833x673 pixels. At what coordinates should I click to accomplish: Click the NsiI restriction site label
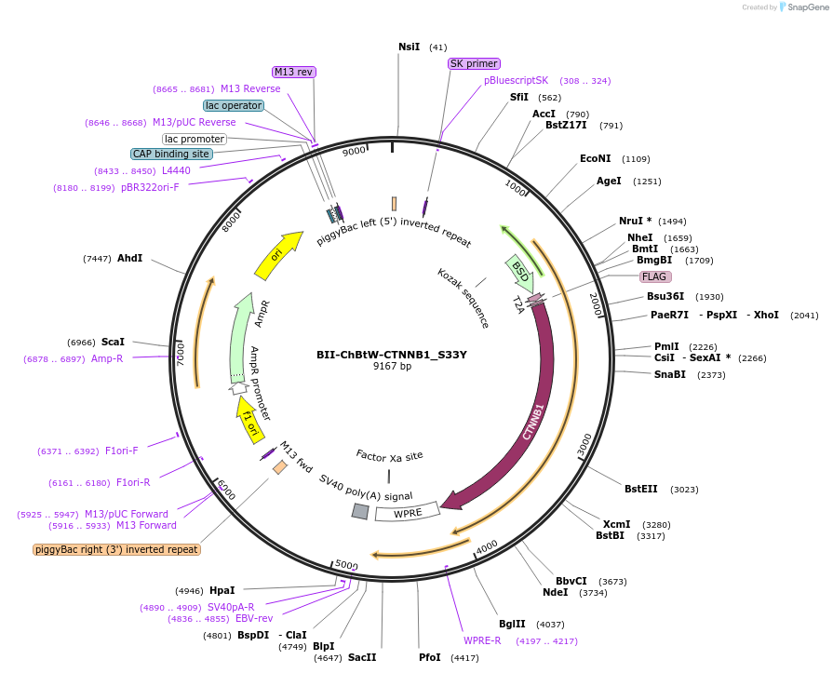coord(409,47)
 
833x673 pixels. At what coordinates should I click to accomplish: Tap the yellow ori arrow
coord(278,254)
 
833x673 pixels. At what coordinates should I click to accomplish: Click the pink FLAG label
coord(655,276)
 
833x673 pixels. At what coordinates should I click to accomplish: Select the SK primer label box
coord(474,64)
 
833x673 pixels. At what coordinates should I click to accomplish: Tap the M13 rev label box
coord(293,72)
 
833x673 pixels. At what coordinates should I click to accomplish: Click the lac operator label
coord(234,105)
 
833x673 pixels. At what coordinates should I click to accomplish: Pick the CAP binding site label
coord(172,154)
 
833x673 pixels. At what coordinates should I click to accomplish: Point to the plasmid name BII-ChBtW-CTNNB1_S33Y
coord(391,354)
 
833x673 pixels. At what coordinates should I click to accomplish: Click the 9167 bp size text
coord(391,367)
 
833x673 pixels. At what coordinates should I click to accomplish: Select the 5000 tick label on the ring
coord(346,565)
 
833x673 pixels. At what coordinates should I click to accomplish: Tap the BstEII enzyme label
coord(641,489)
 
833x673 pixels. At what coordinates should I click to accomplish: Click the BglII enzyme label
coord(512,625)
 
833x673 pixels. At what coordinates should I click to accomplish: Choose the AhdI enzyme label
coord(130,258)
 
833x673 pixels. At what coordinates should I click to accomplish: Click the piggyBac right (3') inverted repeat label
coord(116,549)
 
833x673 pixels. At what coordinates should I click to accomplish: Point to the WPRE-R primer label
coord(482,640)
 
